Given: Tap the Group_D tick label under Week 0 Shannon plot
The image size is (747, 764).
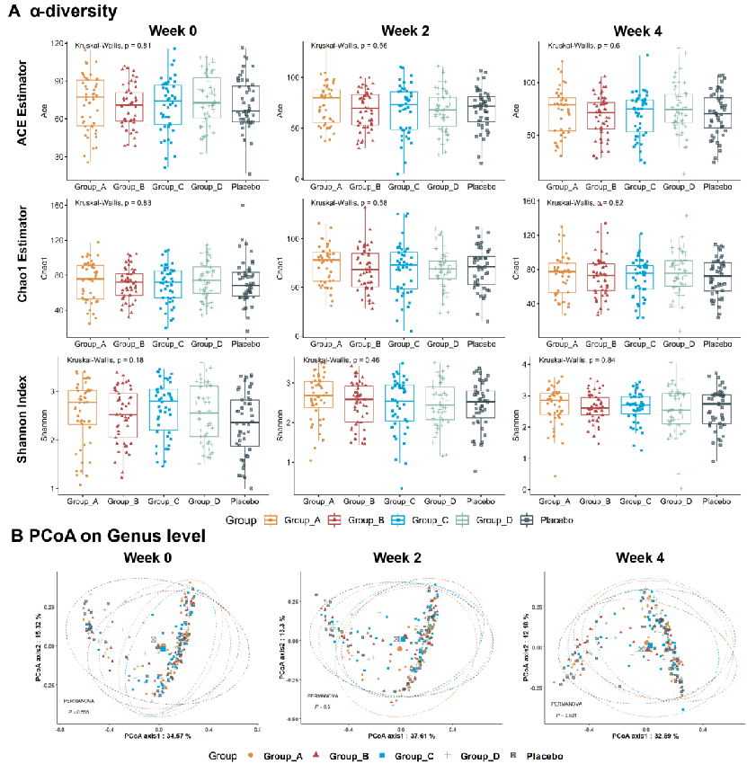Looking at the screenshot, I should [x=203, y=502].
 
